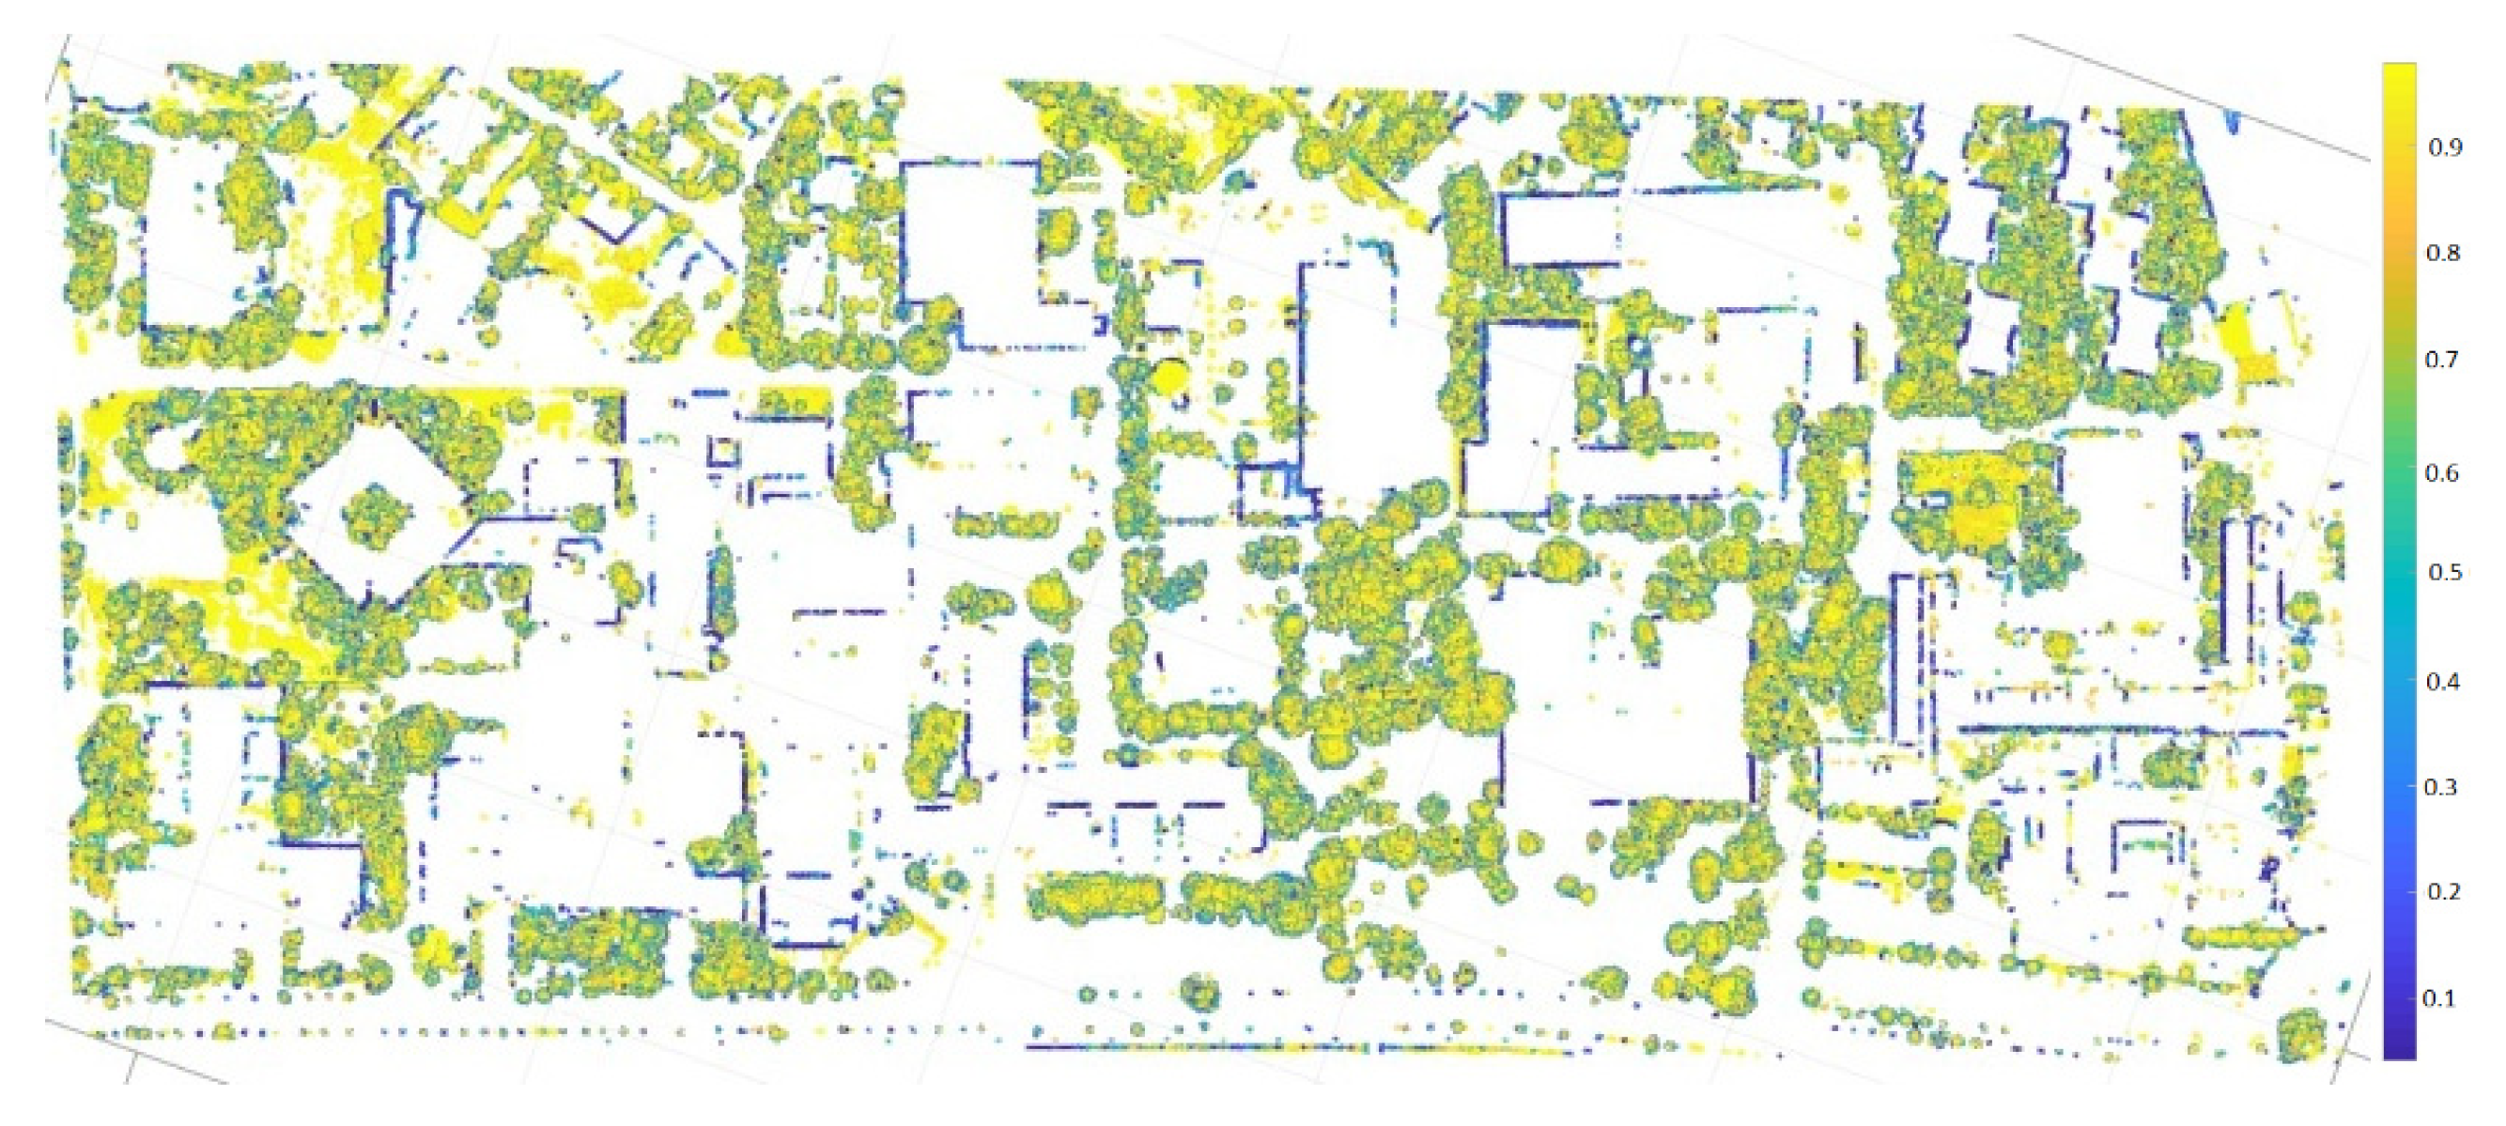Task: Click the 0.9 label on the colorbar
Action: click(x=2445, y=147)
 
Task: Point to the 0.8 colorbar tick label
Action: click(x=2443, y=253)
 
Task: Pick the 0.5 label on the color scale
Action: click(x=2444, y=572)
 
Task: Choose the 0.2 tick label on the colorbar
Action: click(x=2443, y=891)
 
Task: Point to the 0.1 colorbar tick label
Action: click(x=2438, y=998)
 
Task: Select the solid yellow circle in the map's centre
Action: click(x=1170, y=376)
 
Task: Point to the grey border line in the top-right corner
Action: click(x=2189, y=98)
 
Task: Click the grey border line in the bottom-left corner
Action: click(x=136, y=1050)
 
